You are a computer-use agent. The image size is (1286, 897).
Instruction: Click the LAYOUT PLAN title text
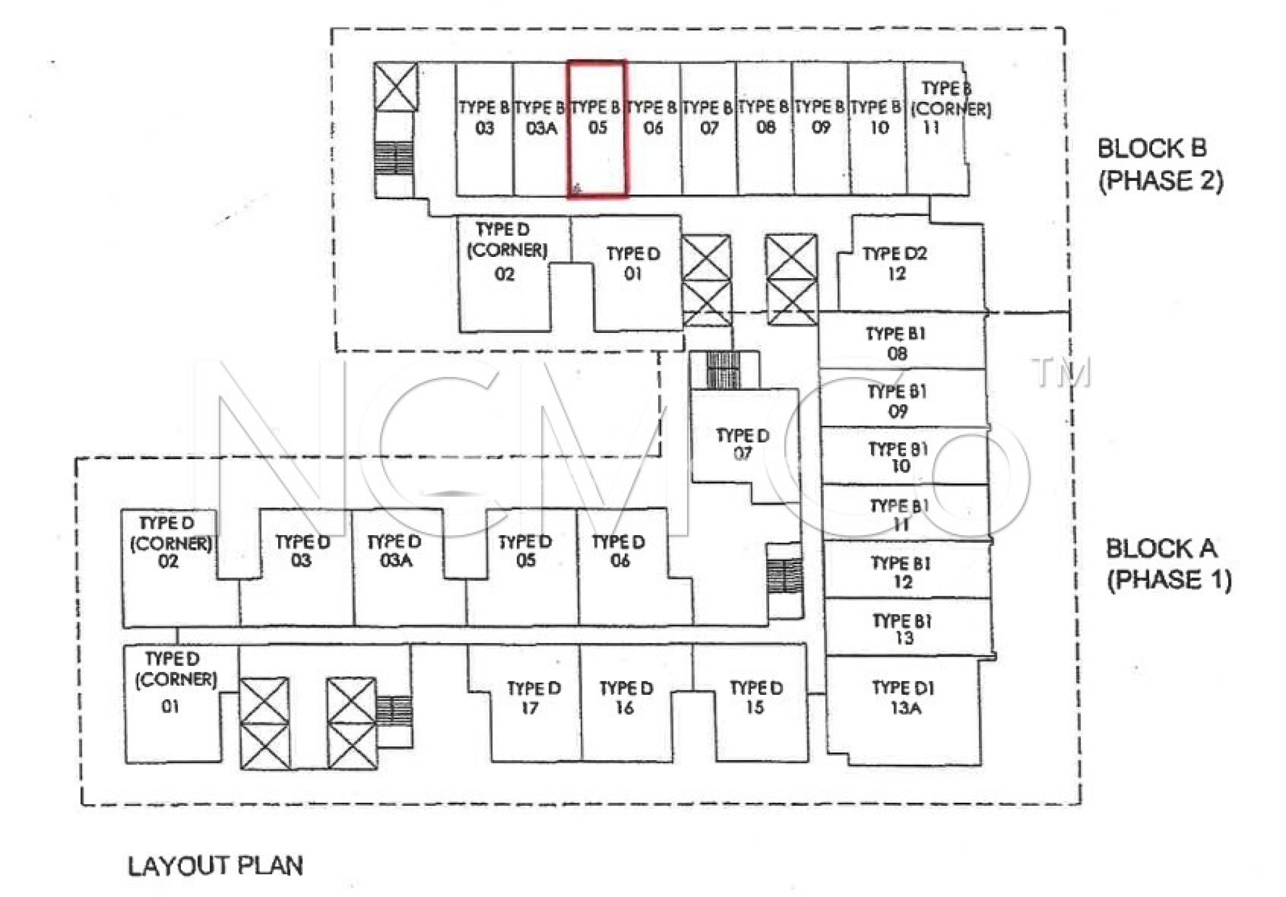215,866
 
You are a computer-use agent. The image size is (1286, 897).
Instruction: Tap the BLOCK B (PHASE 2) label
1160,165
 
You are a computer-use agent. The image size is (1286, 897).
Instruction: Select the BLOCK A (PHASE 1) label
1168,564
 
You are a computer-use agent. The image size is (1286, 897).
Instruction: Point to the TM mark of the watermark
1061,372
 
